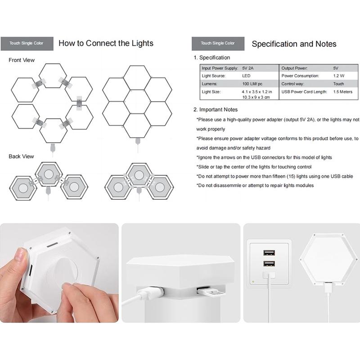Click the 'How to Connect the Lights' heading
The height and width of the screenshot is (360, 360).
pyautogui.click(x=106, y=43)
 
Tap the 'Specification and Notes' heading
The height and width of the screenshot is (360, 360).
pyautogui.click(x=294, y=44)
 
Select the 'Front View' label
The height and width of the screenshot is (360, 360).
pyautogui.click(x=22, y=60)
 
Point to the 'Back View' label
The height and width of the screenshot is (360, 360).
pyautogui.click(x=21, y=156)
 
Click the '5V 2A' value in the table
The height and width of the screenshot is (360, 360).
pyautogui.click(x=248, y=68)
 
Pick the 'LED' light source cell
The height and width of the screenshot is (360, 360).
pyautogui.click(x=246, y=76)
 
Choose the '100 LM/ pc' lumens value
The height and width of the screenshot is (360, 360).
pyautogui.click(x=252, y=84)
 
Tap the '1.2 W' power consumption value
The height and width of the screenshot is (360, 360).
pyautogui.click(x=339, y=76)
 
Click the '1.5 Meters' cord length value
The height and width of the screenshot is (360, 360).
pyautogui.click(x=343, y=92)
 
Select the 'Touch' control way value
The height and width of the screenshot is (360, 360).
pyautogui.click(x=339, y=84)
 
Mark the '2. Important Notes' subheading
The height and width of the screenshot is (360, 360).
pyautogui.click(x=216, y=109)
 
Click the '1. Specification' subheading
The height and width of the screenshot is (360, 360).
pyautogui.click(x=211, y=58)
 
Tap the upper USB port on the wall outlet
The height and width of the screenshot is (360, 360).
pyautogui.click(x=269, y=253)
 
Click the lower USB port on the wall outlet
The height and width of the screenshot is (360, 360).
pyautogui.click(x=269, y=264)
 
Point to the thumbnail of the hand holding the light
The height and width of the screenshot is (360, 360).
pyautogui.click(x=59, y=273)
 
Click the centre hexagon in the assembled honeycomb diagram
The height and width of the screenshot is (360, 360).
pyautogui.click(x=137, y=102)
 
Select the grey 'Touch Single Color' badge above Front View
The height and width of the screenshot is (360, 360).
pyautogui.click(x=27, y=43)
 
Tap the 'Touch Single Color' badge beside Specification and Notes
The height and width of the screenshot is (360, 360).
pyautogui.click(x=218, y=43)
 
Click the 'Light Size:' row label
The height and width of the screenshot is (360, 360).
pyautogui.click(x=211, y=92)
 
